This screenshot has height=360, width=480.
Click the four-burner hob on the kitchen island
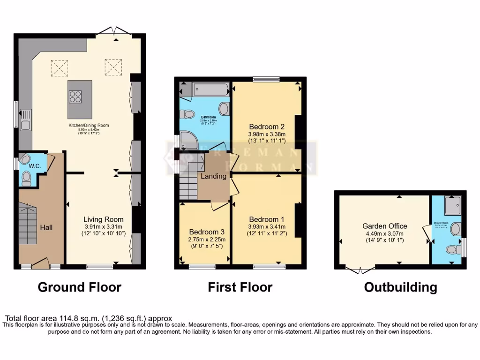(75, 96)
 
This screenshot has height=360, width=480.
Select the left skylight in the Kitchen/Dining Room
(59, 67)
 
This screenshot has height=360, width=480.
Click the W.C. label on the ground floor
(35, 166)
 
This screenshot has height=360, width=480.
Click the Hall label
(46, 227)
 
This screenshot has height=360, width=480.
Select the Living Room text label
(103, 219)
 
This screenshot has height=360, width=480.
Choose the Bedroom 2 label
(267, 127)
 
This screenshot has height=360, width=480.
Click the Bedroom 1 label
(267, 219)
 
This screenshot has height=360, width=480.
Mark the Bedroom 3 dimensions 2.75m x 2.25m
(207, 240)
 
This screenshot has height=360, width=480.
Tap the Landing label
(213, 176)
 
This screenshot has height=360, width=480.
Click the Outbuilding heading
(400, 287)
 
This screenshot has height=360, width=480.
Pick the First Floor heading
(240, 287)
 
